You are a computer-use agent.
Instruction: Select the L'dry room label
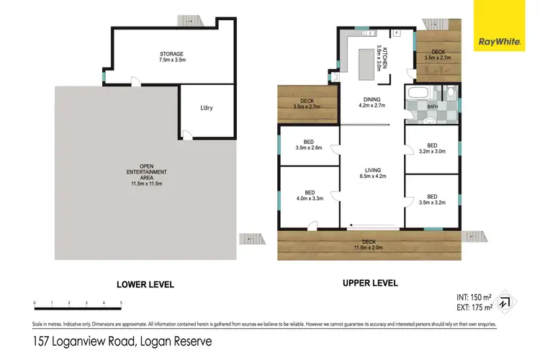point(207,108)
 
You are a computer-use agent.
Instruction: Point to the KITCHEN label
point(382,57)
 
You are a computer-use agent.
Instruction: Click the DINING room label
point(372,102)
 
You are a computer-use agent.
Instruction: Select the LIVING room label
point(372,173)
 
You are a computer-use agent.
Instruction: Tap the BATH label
point(433,107)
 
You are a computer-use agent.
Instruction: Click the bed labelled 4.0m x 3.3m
point(310,195)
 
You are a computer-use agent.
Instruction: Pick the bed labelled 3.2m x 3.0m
point(432,148)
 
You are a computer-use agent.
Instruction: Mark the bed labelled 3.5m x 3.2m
point(432,199)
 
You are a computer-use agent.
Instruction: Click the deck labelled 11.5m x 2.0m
point(369,245)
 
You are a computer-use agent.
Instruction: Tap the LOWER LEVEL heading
point(140,284)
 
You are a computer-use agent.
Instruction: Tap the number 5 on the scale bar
point(121,303)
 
